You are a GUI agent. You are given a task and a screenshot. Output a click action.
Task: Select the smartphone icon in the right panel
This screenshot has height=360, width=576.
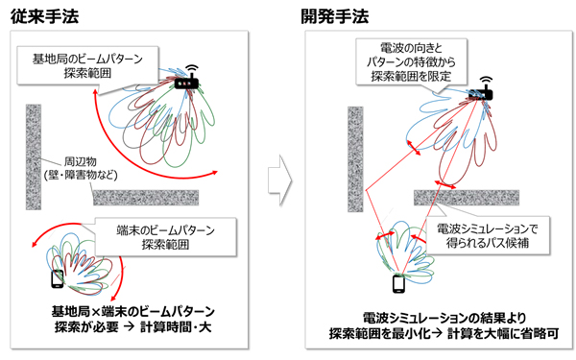click(396, 285)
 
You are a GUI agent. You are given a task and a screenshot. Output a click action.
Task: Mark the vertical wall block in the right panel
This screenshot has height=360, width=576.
click(353, 158)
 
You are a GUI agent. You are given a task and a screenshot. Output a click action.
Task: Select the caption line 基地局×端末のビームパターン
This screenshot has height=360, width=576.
click(132, 311)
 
